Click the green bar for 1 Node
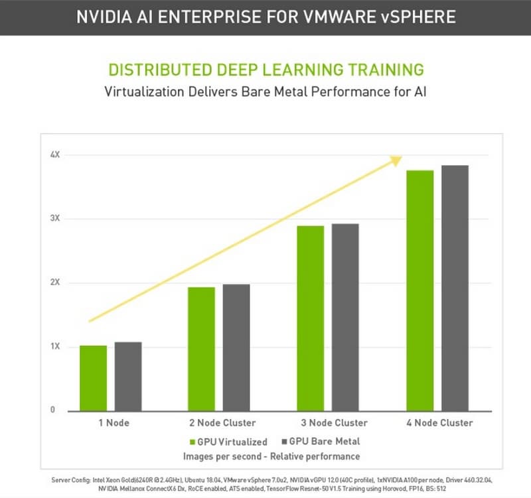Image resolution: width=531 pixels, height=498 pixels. click(93, 378)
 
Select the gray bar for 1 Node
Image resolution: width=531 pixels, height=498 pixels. click(128, 376)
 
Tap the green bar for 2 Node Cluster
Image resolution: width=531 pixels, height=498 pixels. click(201, 349)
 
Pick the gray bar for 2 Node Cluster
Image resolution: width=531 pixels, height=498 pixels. click(236, 347)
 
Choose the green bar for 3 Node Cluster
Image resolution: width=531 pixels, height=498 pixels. click(311, 318)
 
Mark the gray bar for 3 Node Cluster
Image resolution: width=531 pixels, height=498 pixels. click(345, 317)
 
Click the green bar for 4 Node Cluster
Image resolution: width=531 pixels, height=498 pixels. click(420, 290)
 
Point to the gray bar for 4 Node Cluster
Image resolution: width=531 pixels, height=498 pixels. click(455, 288)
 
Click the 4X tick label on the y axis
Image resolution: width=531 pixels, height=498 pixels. click(55, 155)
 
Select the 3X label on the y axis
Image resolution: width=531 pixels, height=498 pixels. click(55, 219)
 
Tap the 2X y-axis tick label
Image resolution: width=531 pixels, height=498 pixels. click(55, 282)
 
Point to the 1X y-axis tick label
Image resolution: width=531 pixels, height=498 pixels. click(55, 347)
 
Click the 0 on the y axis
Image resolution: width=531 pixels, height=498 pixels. click(52, 410)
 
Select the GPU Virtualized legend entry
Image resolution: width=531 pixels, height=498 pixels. click(228, 442)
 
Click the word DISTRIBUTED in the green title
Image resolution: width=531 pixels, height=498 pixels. click(156, 70)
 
